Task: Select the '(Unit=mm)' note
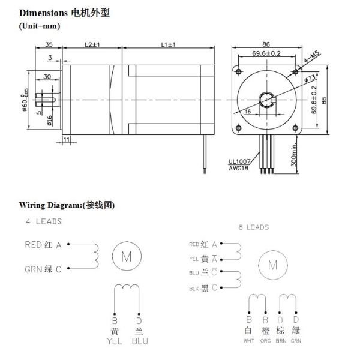(40, 25)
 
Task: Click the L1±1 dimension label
(169, 45)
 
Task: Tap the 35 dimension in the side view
(49, 45)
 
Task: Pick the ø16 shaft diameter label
(49, 122)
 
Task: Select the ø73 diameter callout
(311, 78)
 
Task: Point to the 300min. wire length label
(295, 155)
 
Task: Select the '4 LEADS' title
(43, 221)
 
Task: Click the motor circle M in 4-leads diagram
(127, 257)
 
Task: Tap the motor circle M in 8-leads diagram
(272, 265)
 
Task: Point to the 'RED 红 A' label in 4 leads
(43, 244)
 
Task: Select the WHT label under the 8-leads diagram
(248, 341)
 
